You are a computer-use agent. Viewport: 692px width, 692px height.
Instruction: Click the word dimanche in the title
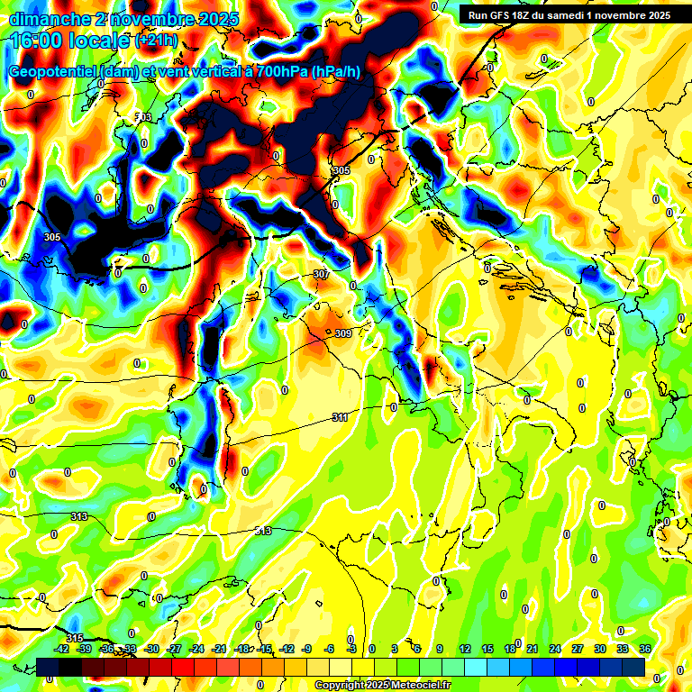pos(40,19)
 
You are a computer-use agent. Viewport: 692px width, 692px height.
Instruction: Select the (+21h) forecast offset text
pos(157,41)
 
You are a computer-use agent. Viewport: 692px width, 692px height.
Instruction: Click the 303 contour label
pos(143,118)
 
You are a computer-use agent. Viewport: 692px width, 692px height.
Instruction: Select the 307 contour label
pos(322,274)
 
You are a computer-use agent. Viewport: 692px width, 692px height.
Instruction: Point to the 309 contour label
pos(343,333)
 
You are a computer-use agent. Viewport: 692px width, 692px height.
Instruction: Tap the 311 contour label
pos(340,417)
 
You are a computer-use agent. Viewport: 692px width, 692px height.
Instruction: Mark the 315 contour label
pos(75,638)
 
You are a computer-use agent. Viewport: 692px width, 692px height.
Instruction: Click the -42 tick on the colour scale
pos(62,649)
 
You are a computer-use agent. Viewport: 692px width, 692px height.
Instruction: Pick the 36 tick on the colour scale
pos(645,649)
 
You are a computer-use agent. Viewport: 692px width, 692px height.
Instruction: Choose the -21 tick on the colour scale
pos(219,649)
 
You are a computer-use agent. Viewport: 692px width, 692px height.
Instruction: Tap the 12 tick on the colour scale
pos(465,649)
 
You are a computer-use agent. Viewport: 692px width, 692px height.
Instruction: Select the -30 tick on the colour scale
pos(152,649)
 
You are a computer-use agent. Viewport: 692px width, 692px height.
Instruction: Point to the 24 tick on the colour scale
pos(555,649)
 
